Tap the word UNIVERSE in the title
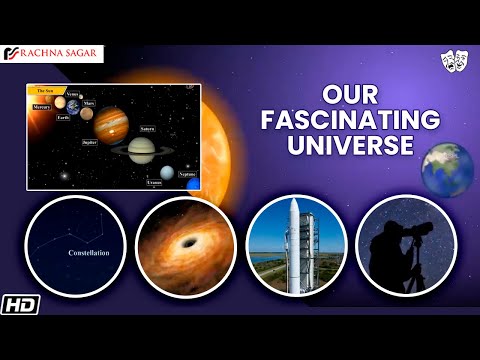[350, 145]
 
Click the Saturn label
[147, 128]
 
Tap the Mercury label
[42, 105]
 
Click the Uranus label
[155, 182]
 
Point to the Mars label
[88, 103]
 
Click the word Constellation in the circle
[75, 253]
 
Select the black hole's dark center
[184, 246]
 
